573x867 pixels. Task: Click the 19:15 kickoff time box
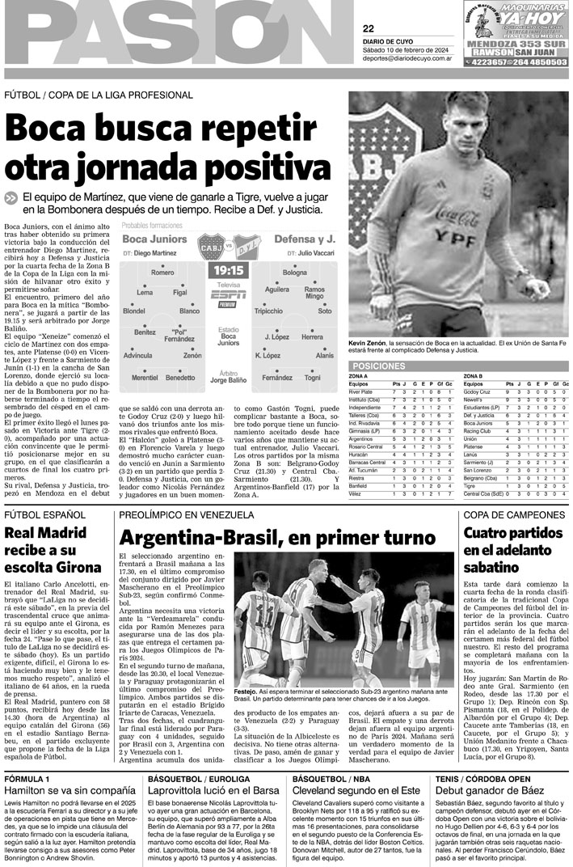(x=228, y=269)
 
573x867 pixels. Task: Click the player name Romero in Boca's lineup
(x=162, y=273)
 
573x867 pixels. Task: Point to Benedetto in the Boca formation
(x=180, y=378)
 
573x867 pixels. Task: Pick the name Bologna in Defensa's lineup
(x=295, y=273)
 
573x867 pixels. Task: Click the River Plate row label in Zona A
(x=360, y=391)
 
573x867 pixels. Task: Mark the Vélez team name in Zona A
(x=356, y=493)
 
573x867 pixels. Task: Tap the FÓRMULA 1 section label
(x=28, y=778)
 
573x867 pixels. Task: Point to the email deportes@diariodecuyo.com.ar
(x=407, y=58)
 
